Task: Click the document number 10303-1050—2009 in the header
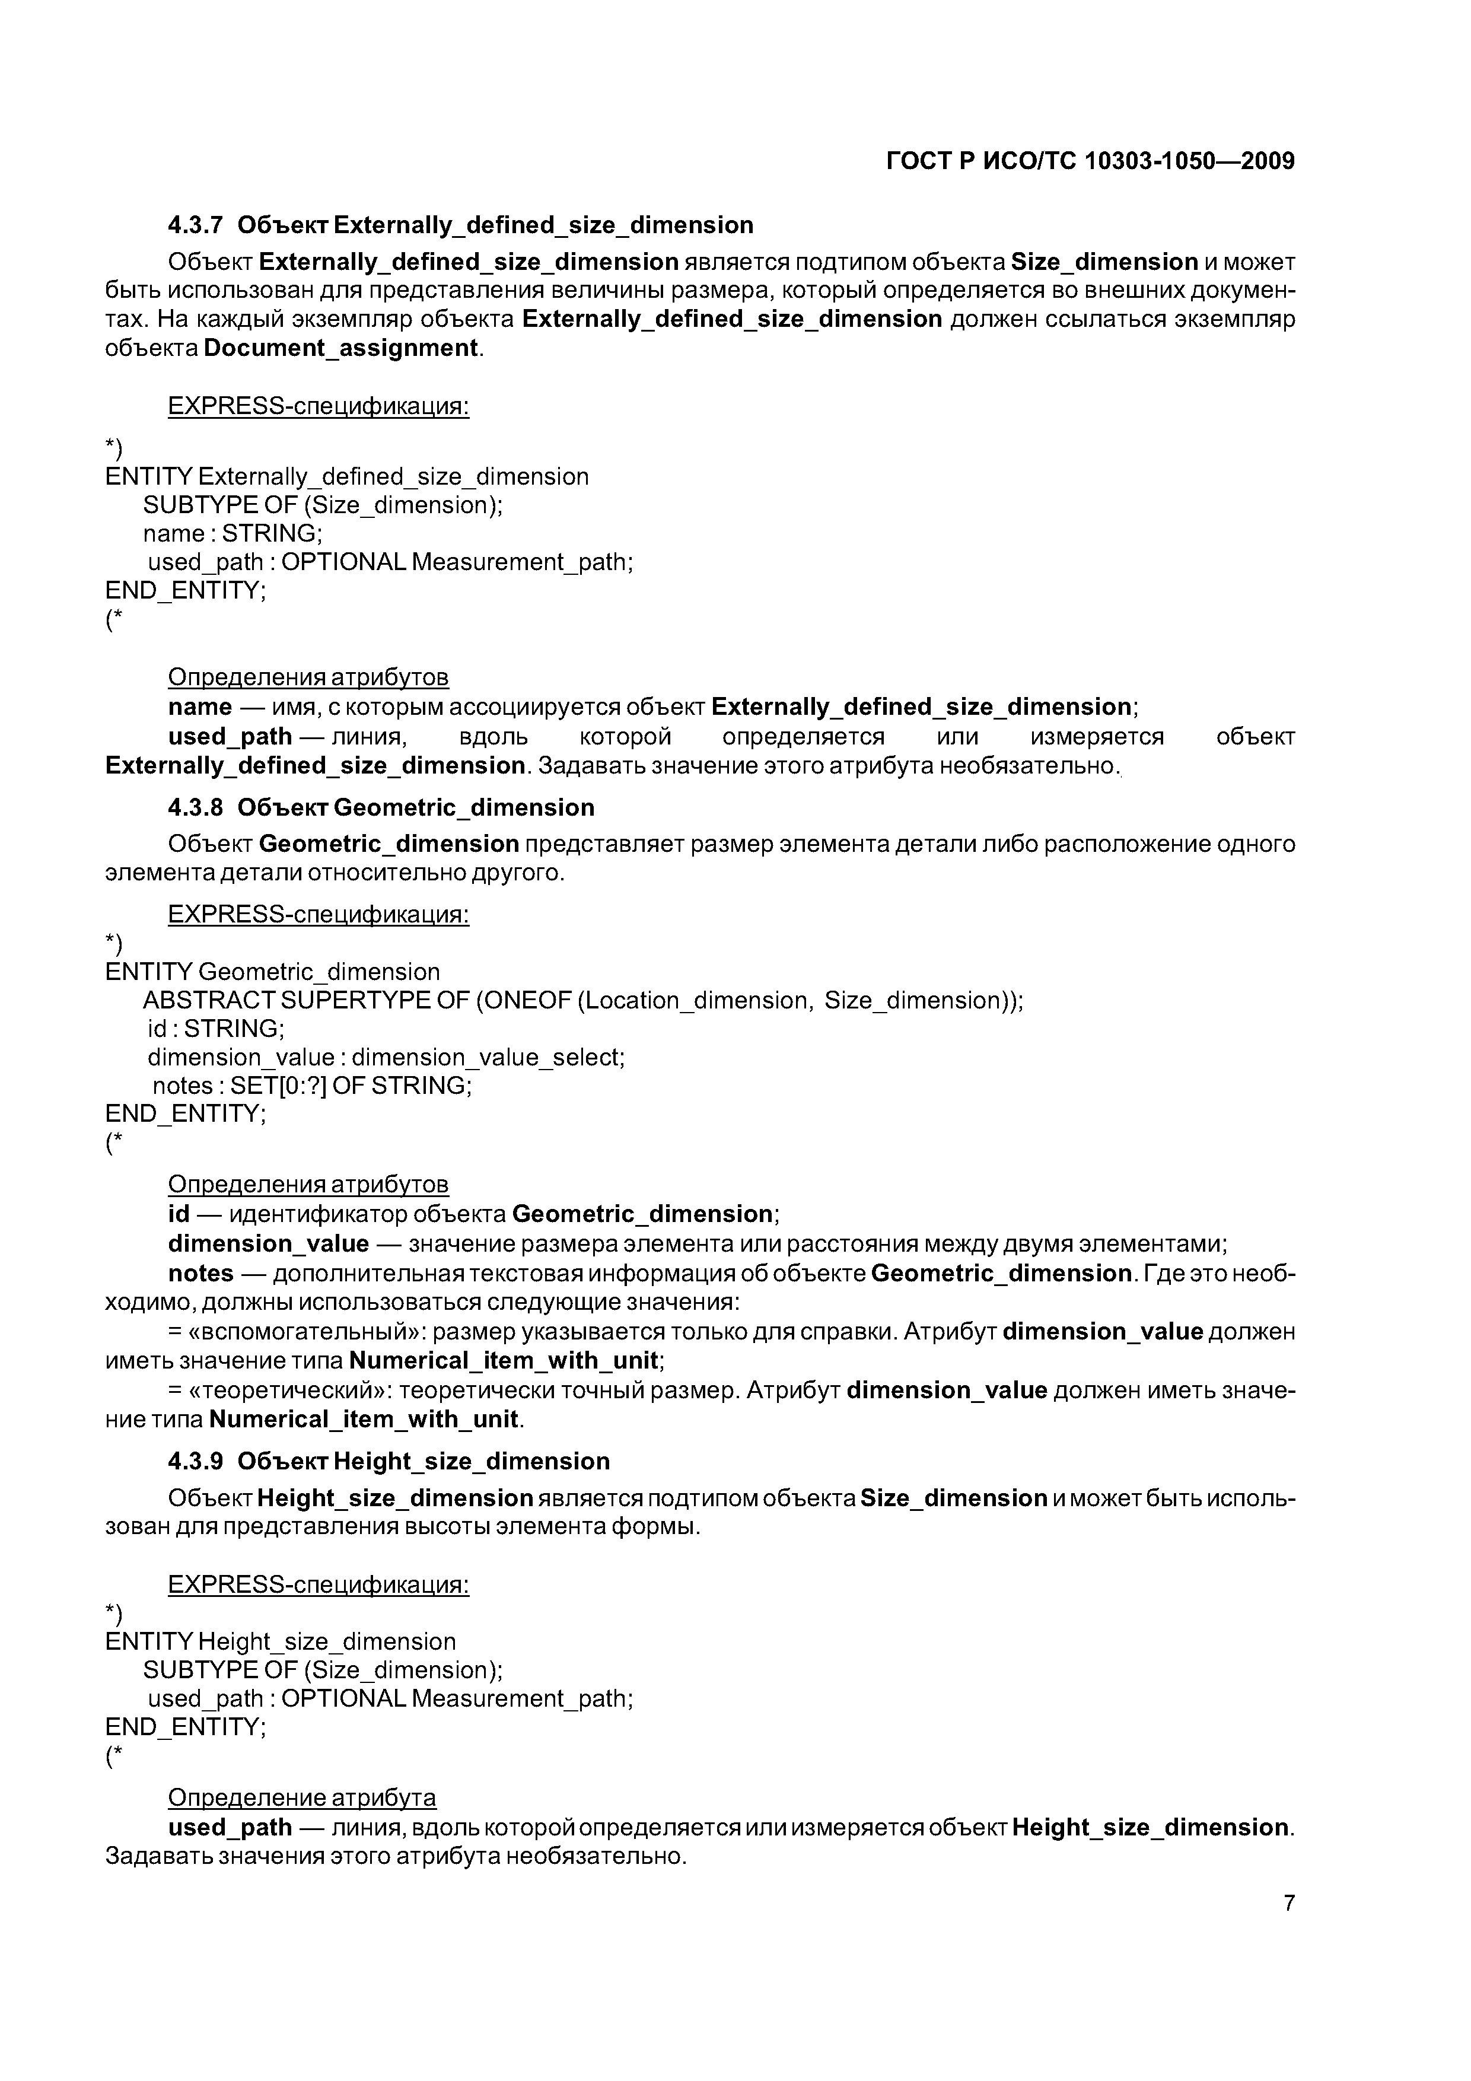coord(1189,161)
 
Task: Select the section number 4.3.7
coord(195,225)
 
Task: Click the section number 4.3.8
coord(195,807)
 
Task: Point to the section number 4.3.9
coord(195,1461)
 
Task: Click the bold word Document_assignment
coord(341,348)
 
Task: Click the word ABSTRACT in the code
coord(208,1001)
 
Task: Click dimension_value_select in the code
coord(488,1058)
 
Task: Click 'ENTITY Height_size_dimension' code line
coord(281,1641)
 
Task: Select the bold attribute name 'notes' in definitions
coord(200,1274)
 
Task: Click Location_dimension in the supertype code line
coord(693,1001)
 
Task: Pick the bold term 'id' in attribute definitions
coord(179,1214)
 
